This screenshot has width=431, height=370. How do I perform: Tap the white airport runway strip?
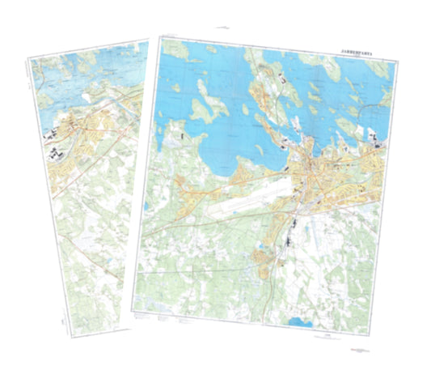coord(247,204)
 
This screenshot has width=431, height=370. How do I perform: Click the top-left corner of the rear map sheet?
coord(27,58)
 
